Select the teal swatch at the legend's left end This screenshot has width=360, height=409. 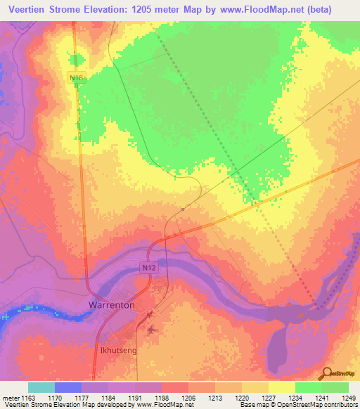(x=41, y=387)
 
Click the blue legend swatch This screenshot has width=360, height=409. (x=68, y=387)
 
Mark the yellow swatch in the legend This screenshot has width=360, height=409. (x=281, y=387)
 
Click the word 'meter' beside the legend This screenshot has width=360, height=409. (x=12, y=397)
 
